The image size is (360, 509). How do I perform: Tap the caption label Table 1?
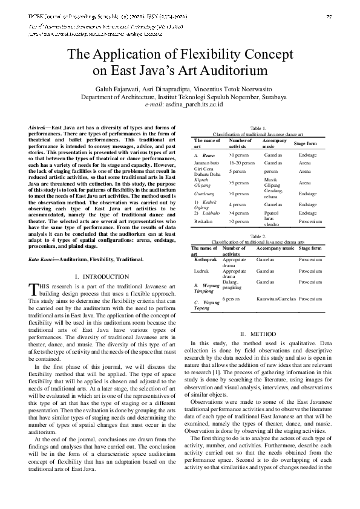(258, 128)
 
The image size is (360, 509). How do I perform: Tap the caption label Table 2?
(258, 236)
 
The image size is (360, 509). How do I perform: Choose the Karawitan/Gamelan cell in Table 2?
(276, 299)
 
